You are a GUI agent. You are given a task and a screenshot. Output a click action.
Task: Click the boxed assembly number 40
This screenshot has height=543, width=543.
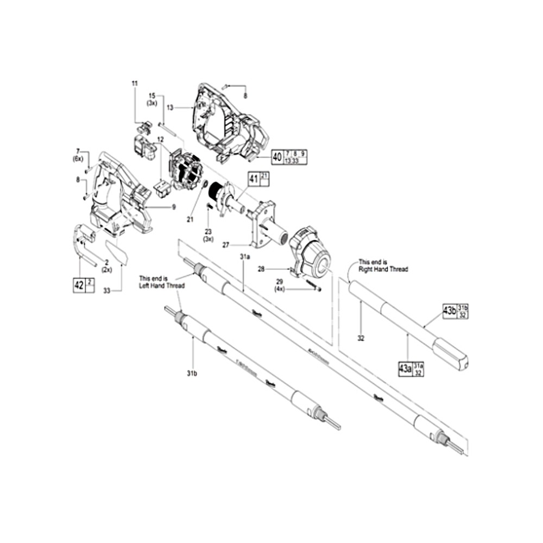pos(277,157)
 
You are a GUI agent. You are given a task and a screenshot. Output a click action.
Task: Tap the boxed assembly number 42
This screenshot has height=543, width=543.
pos(79,285)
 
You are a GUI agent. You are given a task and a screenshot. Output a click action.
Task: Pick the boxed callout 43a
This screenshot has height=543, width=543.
pos(405,369)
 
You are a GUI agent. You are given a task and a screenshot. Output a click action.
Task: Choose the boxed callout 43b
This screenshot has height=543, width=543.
pos(450,311)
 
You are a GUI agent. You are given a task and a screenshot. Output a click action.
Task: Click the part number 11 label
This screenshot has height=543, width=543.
pos(135,83)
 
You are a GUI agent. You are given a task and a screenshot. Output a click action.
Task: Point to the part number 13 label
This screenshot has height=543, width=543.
pos(170,108)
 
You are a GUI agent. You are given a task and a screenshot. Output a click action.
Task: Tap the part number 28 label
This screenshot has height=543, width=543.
pos(261,269)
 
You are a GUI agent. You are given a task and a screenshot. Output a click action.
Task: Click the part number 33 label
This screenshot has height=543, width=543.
pos(107,291)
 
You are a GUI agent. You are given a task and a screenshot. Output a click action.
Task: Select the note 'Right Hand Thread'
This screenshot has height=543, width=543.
pos(383,266)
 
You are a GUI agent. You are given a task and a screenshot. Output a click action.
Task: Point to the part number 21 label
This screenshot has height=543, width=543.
pos(190,219)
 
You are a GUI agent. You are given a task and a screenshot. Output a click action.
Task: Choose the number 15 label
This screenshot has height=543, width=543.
pos(153,96)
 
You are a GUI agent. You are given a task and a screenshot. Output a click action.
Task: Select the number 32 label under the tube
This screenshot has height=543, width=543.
pos(361,338)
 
